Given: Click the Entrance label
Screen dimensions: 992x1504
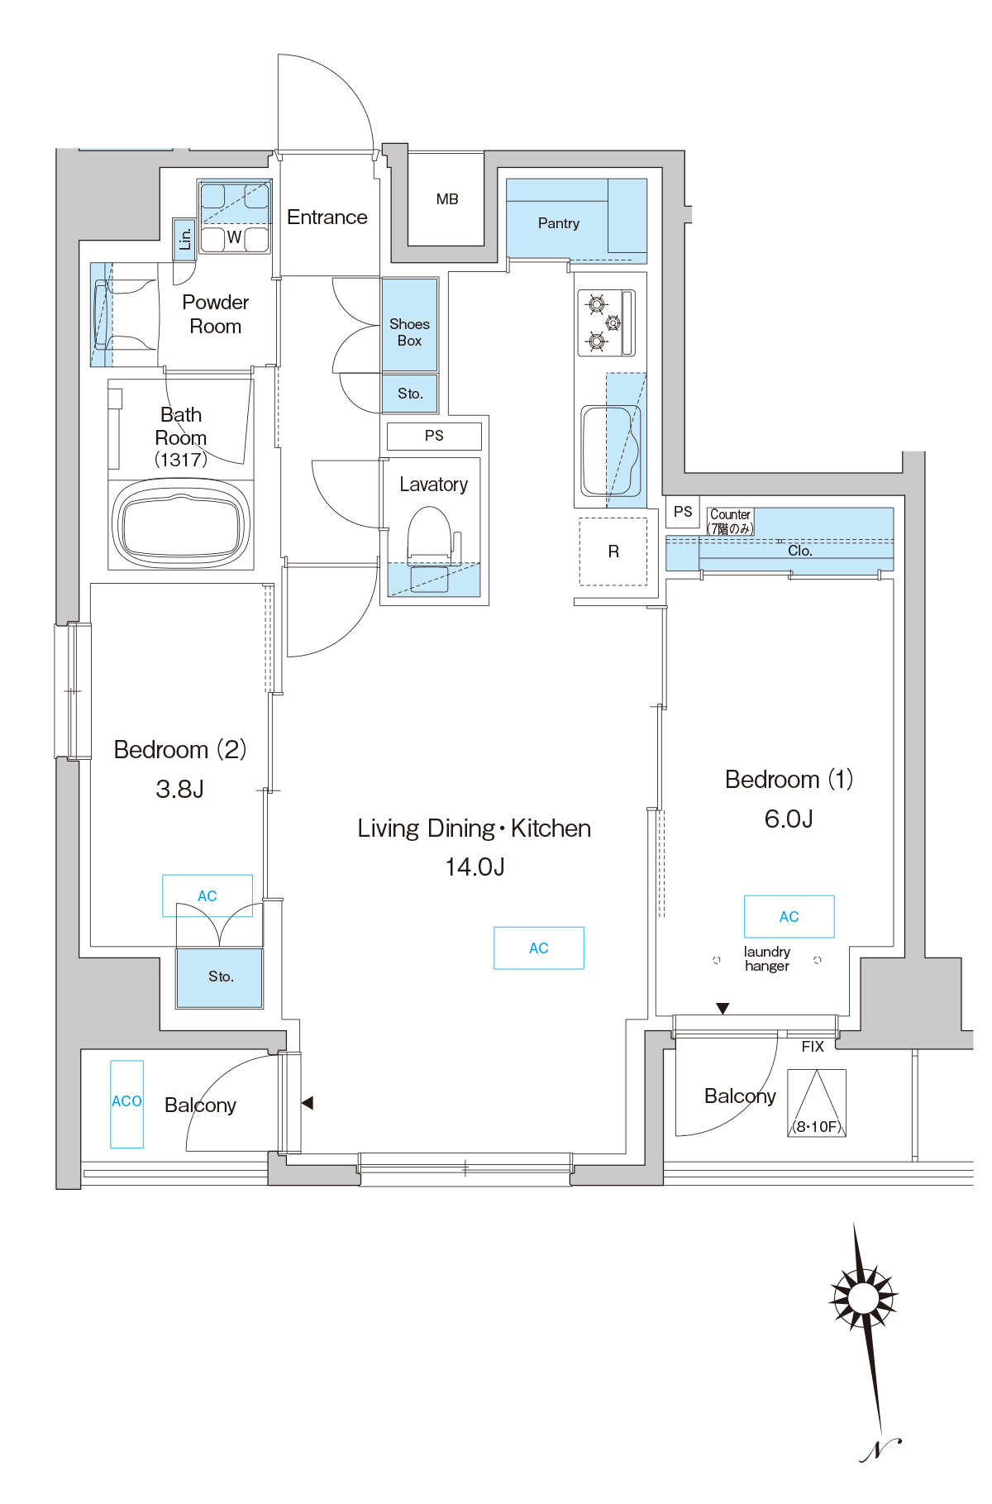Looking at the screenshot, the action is [x=327, y=217].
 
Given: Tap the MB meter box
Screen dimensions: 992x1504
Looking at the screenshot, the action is [x=446, y=198].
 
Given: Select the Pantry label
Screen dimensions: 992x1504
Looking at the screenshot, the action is [x=559, y=223].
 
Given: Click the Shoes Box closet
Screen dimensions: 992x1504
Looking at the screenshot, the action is [x=409, y=324].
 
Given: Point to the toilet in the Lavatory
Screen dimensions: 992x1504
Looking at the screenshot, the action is [x=430, y=546].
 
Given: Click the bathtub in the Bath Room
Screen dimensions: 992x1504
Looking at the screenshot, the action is [x=181, y=523].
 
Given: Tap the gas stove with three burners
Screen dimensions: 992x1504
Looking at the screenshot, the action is [x=606, y=322].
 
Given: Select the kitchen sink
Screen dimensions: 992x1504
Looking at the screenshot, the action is [x=611, y=451].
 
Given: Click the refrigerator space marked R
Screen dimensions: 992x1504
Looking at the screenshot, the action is [x=613, y=551].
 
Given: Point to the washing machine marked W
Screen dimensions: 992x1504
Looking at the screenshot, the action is [x=235, y=238].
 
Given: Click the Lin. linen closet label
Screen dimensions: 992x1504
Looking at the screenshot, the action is [x=184, y=239].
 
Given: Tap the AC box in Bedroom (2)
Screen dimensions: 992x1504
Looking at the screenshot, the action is [x=207, y=895].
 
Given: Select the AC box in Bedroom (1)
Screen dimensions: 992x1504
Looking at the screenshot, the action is [x=789, y=916].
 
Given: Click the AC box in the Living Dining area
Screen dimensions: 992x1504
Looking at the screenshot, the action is [x=539, y=948].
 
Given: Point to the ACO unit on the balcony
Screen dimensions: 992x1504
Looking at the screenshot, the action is [x=127, y=1104].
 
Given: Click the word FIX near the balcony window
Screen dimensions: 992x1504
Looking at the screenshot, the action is [x=813, y=1047].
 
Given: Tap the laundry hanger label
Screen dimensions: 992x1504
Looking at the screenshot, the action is [x=767, y=959].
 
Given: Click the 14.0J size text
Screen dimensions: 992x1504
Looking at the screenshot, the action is [x=475, y=867].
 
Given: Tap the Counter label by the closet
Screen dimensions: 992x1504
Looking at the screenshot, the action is [x=731, y=514].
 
